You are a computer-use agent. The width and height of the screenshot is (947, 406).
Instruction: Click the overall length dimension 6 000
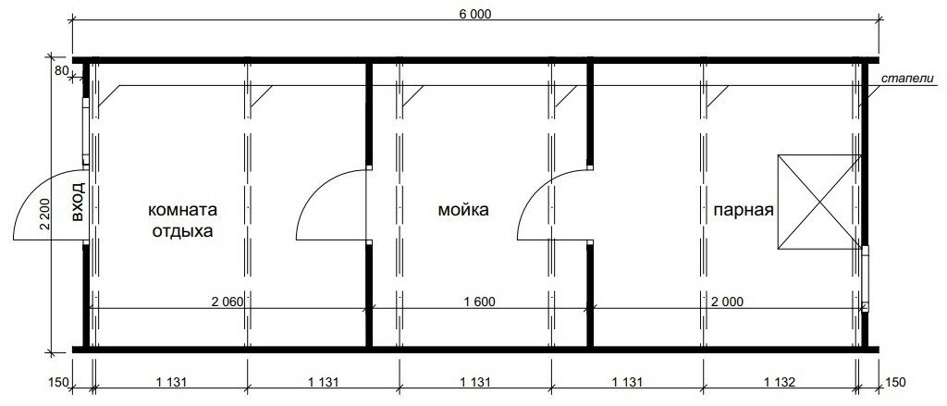coord(475,15)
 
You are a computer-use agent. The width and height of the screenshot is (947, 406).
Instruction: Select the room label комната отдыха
coord(182,220)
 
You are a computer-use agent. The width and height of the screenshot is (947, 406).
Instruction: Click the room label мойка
coord(463,210)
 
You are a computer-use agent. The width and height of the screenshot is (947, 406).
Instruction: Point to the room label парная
coord(744,210)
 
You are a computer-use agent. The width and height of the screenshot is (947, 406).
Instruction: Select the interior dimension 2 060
coord(227,301)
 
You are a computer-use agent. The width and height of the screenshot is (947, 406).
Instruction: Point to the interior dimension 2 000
coord(727,301)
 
